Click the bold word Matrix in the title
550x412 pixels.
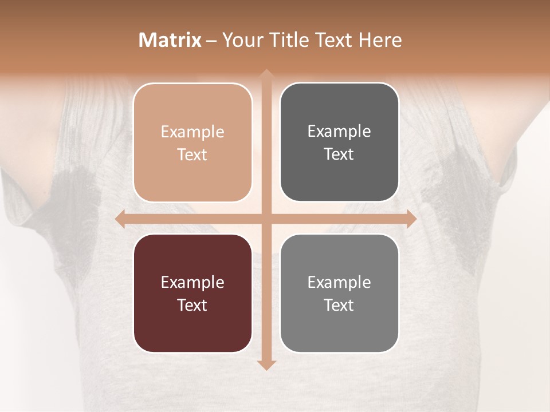pyautogui.click(x=170, y=40)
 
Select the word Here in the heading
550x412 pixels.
pyautogui.click(x=380, y=40)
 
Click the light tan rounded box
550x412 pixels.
pyautogui.click(x=192, y=142)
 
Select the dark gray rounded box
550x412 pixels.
pyautogui.click(x=339, y=142)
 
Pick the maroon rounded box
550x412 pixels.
pyautogui.click(x=192, y=293)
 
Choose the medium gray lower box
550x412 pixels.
pyautogui.click(x=339, y=293)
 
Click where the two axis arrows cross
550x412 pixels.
pyautogui.click(x=266, y=219)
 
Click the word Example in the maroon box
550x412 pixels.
pyautogui.click(x=192, y=282)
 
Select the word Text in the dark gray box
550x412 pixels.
pyautogui.click(x=339, y=154)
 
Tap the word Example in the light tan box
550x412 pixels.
pyautogui.click(x=192, y=132)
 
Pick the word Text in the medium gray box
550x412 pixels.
pyautogui.click(x=339, y=305)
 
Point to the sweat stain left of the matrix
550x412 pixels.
pyautogui.click(x=72, y=200)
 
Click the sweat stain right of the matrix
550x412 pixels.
pyautogui.click(x=453, y=200)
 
